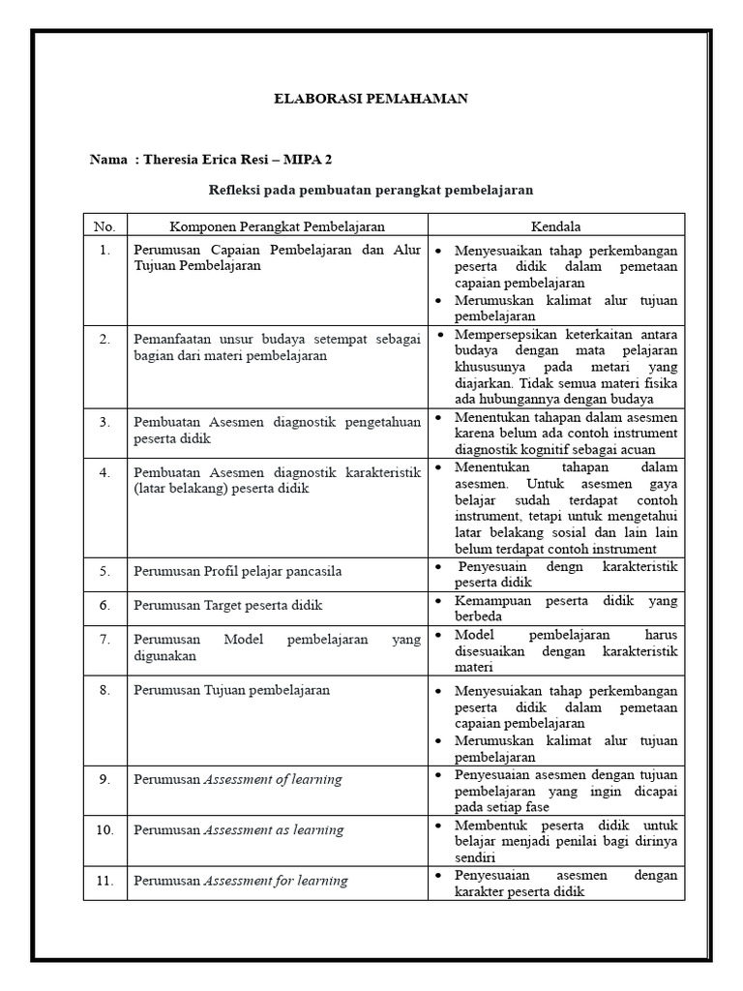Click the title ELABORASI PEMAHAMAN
(x=371, y=99)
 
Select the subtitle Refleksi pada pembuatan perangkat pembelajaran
(x=371, y=190)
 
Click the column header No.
(x=104, y=226)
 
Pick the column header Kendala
(x=556, y=226)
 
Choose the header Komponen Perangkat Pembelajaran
(x=278, y=226)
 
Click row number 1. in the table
(x=104, y=250)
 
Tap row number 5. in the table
(x=104, y=572)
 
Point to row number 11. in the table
(x=104, y=881)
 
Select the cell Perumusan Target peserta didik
(x=227, y=605)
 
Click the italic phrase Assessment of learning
(x=272, y=779)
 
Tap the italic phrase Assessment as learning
(x=273, y=830)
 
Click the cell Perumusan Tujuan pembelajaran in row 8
(x=231, y=690)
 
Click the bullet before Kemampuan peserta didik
(x=438, y=601)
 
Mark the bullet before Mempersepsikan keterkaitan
(x=438, y=335)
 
